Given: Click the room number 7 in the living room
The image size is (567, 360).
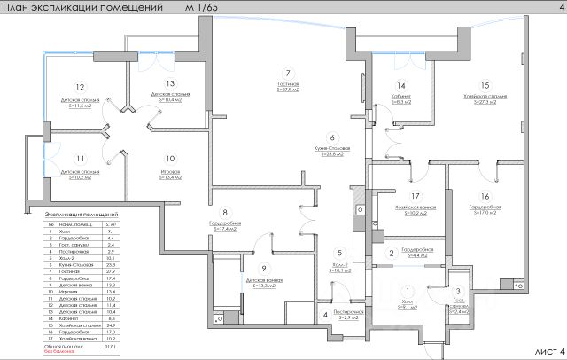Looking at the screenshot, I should tap(287, 72).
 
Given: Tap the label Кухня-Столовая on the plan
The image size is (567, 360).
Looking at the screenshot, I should tap(331, 147).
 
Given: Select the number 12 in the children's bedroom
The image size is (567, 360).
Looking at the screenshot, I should tap(80, 88).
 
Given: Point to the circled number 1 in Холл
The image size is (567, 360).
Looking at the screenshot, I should tap(408, 292).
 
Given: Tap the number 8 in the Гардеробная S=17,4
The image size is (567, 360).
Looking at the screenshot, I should tap(225, 213).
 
